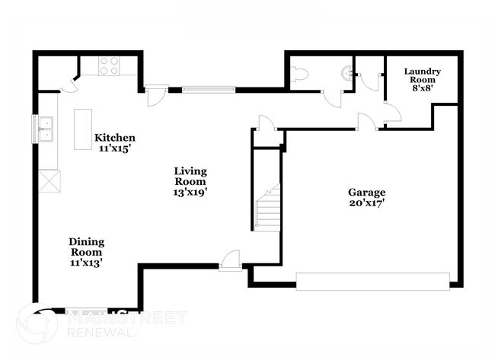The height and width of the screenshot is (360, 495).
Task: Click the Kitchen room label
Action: pyautogui.click(x=114, y=138)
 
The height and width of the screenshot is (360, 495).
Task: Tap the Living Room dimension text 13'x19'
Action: pyautogui.click(x=190, y=193)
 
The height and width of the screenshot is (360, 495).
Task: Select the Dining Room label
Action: pyautogui.click(x=87, y=242)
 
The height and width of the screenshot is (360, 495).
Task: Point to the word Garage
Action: pyautogui.click(x=367, y=193)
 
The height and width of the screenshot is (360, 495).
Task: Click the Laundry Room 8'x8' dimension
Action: pyautogui.click(x=422, y=88)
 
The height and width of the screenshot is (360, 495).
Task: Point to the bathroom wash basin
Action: pyautogui.click(x=347, y=73)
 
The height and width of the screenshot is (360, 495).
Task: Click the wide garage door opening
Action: pyautogui.click(x=372, y=281)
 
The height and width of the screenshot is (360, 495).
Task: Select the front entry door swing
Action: pyautogui.click(x=231, y=260)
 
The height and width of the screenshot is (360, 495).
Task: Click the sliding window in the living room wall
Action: pyautogui.click(x=207, y=89)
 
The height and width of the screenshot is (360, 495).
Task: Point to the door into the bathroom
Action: pyautogui.click(x=333, y=97)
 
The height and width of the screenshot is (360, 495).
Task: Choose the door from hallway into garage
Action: pyautogui.click(x=366, y=122)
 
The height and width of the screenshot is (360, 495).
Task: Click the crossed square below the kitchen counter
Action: pyautogui.click(x=49, y=180)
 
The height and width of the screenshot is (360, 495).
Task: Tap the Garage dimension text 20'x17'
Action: pyautogui.click(x=367, y=204)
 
